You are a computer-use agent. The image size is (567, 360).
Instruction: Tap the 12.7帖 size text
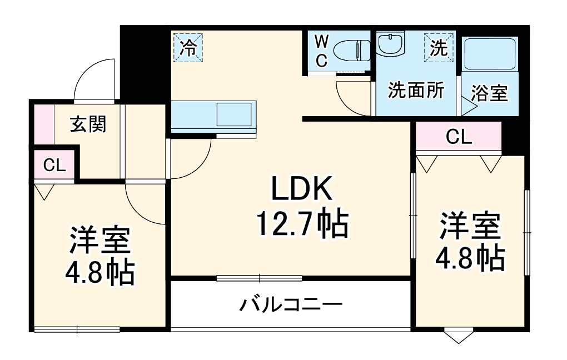point(301,223)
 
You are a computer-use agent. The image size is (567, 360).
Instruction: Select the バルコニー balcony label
point(291,304)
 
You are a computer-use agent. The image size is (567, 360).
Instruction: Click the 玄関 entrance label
point(87,125)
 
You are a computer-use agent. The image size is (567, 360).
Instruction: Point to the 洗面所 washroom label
point(416,90)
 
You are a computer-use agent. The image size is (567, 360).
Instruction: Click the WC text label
point(321,51)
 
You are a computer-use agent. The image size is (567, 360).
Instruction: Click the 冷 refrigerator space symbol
point(188,48)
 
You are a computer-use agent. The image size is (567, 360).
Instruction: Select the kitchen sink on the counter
point(233,114)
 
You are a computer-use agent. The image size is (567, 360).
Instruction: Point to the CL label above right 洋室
point(459,137)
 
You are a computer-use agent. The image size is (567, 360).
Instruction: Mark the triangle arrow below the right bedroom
point(459,337)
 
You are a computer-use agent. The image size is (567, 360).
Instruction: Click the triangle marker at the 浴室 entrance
point(465,107)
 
